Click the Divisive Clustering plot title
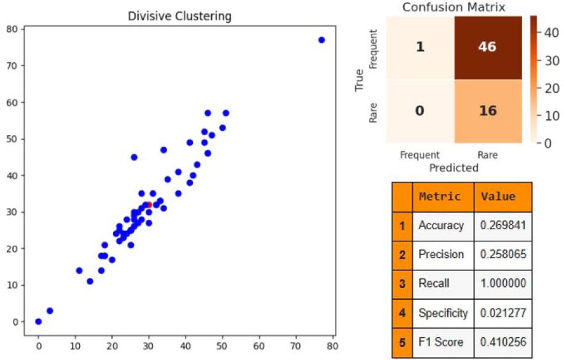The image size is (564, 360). coord(179,16)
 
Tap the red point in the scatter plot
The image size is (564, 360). coord(149,205)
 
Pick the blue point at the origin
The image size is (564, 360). coord(39,321)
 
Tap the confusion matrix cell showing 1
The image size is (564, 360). coord(420,47)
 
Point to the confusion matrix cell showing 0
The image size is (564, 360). coord(420,111)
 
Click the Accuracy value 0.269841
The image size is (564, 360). coord(502,225)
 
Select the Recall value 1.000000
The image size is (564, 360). coord(502,284)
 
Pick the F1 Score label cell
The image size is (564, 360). coord(441,342)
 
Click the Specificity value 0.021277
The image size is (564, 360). coord(502,313)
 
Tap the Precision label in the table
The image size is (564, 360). coord(441,254)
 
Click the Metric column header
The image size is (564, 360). coord(440,197)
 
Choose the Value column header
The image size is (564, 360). coord(498,197)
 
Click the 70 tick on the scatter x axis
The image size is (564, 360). coord(297,346)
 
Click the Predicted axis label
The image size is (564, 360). coord(453,167)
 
